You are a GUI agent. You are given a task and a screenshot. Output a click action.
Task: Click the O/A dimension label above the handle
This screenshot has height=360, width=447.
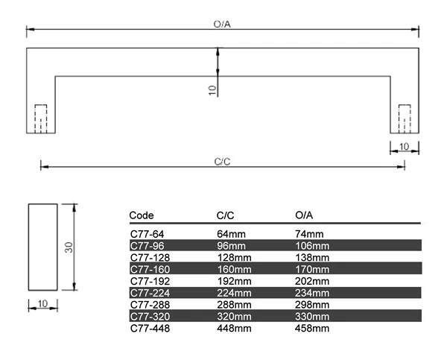221,24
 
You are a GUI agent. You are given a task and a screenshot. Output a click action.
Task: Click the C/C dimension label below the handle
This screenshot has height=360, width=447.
221,160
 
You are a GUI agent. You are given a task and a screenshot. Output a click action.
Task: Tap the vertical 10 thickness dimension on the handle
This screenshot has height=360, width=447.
212,89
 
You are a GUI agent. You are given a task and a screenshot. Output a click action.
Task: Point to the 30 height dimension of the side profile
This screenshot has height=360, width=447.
68,247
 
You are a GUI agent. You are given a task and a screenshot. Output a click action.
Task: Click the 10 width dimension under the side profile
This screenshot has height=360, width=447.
42,303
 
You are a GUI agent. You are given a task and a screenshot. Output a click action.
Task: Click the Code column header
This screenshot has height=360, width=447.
142,215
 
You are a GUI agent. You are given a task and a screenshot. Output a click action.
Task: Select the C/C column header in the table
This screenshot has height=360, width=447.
226,215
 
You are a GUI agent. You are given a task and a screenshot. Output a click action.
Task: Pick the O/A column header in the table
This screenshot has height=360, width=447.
304,215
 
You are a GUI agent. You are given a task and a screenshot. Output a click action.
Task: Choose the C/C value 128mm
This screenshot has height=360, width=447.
231,257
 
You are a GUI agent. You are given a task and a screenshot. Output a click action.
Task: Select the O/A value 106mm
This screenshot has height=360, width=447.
312,246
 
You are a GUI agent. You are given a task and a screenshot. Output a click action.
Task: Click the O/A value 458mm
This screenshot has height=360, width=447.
312,328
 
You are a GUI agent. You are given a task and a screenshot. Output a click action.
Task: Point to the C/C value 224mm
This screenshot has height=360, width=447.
231,293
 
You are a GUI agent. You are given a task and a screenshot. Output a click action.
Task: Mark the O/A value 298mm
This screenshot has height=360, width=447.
312,304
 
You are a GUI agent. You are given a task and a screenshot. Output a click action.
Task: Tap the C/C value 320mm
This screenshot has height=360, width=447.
231,316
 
